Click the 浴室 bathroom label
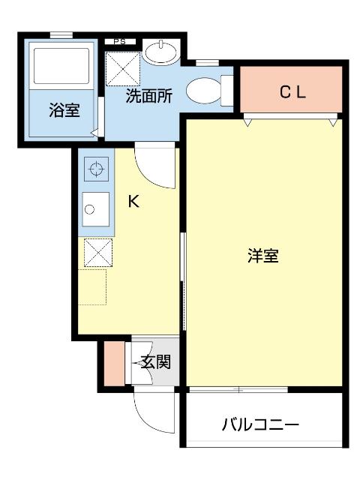[x=64, y=111]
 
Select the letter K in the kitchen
[x=133, y=201]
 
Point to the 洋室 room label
[x=263, y=255]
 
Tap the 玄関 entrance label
[x=155, y=362]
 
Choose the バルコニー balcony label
[x=261, y=425]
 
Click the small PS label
[x=120, y=41]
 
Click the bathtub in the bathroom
[x=62, y=66]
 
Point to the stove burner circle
[x=95, y=169]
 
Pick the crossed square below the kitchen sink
[x=97, y=252]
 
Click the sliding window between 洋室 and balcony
[x=238, y=389]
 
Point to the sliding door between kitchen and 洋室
[x=182, y=277]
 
